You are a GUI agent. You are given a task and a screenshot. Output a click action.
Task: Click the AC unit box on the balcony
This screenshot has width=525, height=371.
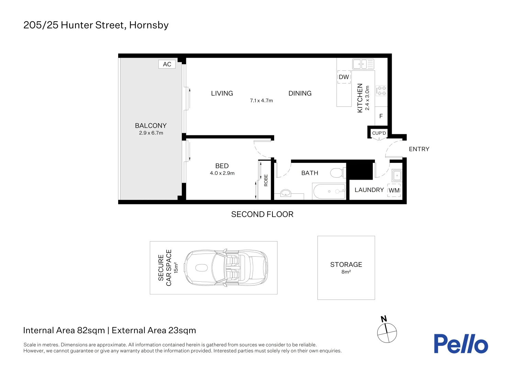(167, 64)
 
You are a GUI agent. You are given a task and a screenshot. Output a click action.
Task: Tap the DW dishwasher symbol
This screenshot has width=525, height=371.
(344, 77)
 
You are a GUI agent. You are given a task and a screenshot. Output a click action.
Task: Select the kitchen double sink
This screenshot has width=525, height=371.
(363, 64)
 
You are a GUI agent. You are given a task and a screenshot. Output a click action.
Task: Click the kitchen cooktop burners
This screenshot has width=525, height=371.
(381, 91)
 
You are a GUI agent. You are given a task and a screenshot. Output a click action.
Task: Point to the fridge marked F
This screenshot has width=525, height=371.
(381, 116)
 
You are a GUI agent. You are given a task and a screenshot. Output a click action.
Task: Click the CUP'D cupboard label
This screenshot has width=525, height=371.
(379, 133)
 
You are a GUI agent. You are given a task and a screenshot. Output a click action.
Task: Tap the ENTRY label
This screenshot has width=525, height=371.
(419, 149)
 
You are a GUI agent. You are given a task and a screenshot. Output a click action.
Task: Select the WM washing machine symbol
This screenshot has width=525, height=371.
(394, 191)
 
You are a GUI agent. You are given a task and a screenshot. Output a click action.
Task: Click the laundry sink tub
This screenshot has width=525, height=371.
(397, 176)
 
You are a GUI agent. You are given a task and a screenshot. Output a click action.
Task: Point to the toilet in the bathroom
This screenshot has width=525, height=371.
(337, 173)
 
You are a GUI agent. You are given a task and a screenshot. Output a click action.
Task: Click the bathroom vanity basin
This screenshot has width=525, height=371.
(286, 193)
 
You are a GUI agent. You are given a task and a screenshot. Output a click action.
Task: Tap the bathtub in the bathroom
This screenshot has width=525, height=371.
(329, 191)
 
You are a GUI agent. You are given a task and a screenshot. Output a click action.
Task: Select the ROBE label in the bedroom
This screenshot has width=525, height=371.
(266, 180)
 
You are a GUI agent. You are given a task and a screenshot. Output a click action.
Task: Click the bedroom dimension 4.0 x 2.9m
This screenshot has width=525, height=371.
(222, 173)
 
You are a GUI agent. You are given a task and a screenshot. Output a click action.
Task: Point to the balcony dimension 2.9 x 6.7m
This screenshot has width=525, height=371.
(151, 133)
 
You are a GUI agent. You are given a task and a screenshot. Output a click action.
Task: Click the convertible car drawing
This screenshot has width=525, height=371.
(226, 268)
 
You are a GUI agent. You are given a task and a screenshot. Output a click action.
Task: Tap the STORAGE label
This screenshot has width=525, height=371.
(346, 265)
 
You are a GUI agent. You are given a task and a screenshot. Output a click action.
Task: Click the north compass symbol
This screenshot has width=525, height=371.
(387, 332)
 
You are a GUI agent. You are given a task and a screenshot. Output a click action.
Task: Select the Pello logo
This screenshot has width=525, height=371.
(460, 344)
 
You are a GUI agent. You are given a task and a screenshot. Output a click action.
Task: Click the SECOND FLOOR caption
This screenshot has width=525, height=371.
(262, 214)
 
